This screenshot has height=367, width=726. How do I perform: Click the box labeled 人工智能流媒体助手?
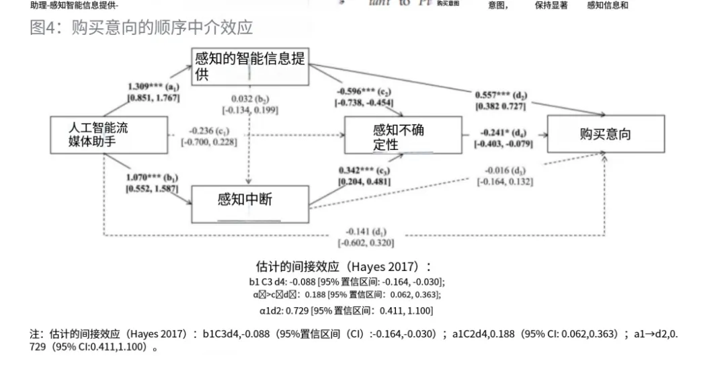coord(108,134)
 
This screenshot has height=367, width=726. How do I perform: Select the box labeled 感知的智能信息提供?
coord(250,67)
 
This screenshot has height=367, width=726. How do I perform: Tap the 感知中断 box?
coord(250,204)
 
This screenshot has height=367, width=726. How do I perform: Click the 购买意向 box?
coord(605,134)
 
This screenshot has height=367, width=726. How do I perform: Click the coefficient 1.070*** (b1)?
coord(152,178)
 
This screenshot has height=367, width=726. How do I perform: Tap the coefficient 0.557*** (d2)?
coord(501,95)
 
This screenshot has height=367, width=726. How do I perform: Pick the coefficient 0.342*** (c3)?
coord(364,170)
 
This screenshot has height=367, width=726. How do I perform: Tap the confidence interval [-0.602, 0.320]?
coord(366,243)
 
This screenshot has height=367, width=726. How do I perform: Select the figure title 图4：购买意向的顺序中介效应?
coord(142,28)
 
